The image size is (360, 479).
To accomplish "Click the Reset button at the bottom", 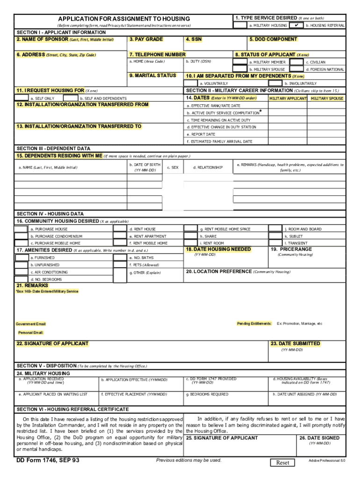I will (283, 463).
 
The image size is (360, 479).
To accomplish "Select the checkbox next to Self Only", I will (21, 98).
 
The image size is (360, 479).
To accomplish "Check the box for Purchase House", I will (21, 229).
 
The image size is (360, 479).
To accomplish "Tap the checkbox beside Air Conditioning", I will (21, 272).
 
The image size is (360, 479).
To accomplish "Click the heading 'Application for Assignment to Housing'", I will (124, 18).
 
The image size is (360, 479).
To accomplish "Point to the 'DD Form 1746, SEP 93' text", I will (48, 460).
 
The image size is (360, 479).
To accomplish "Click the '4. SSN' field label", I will (194, 39).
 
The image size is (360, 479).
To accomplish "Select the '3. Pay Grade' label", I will (146, 39).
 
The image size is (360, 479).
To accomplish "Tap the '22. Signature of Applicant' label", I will (52, 343).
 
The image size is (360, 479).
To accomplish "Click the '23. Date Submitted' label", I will (295, 343).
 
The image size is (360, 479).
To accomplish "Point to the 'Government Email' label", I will (31, 324).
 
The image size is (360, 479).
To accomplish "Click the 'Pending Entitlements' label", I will (254, 323).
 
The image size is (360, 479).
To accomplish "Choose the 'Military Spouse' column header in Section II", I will (327, 98).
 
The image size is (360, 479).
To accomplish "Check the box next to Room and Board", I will (275, 229).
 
